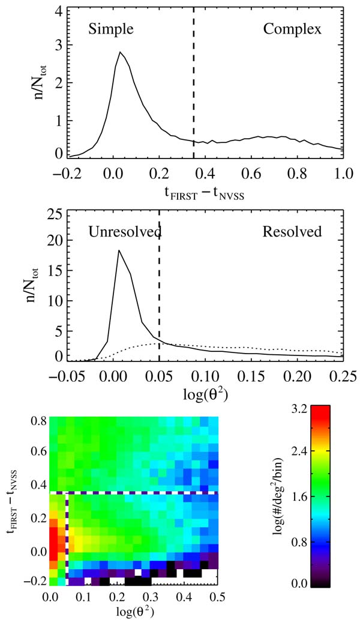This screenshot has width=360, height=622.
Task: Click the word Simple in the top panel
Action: pos(110,28)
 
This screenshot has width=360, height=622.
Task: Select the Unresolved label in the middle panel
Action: pos(125,232)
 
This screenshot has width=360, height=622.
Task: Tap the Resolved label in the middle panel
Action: pos(292,232)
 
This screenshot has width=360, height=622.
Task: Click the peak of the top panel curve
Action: pos(120,52)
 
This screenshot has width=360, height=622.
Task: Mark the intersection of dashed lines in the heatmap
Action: pos(67,493)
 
